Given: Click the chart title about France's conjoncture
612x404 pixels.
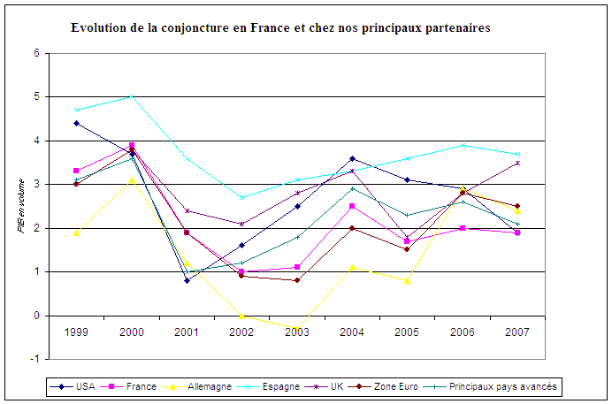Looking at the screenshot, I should [x=280, y=28].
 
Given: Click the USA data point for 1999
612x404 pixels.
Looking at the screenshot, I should [x=77, y=123].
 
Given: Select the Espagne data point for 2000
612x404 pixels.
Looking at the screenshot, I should [x=132, y=96].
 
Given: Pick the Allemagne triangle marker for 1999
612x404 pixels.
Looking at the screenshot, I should [x=77, y=232].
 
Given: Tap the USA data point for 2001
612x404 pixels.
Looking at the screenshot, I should [x=187, y=280].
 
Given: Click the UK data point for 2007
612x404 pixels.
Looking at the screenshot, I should [x=517, y=163].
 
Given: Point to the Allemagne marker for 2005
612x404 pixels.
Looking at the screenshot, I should [x=407, y=280].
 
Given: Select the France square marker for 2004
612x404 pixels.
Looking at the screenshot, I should [x=352, y=206].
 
